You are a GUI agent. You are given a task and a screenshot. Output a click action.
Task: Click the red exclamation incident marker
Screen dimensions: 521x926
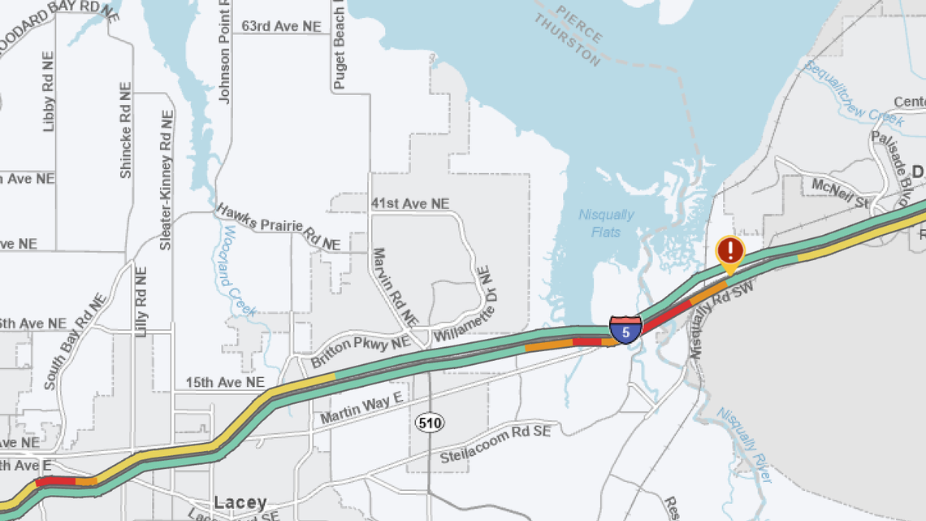pos(731,250)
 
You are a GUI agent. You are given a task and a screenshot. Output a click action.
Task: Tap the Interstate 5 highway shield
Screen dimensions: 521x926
pos(625,331)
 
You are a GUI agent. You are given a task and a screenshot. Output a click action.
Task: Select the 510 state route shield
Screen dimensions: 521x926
pos(429,422)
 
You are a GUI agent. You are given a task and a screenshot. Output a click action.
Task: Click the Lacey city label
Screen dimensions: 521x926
pos(240,503)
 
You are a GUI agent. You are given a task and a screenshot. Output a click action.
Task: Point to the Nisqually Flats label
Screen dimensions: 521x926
pos(606,224)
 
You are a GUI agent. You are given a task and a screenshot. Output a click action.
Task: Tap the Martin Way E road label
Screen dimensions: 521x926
pos(361,407)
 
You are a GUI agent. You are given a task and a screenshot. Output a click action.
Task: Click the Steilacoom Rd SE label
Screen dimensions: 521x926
pos(495,444)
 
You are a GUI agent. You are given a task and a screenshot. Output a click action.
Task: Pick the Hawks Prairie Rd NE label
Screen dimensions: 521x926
pos(277,226)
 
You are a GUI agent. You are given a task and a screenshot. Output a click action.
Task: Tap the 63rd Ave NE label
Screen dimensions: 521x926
pos(281,27)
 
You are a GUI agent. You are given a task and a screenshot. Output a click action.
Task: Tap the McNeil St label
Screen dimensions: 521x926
pos(840,192)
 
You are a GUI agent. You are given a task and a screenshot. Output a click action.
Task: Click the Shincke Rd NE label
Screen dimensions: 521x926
pos(125,130)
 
